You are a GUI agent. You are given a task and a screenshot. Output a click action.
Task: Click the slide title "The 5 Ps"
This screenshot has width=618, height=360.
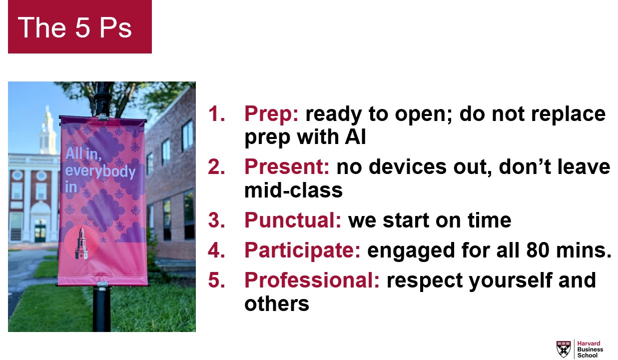click(75, 27)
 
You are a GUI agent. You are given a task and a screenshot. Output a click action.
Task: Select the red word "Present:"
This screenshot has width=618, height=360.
click(287, 166)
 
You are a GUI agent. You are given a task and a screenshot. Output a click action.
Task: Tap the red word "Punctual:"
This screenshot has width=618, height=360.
click(293, 220)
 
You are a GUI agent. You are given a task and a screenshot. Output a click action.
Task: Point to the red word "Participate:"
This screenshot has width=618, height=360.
click(302, 250)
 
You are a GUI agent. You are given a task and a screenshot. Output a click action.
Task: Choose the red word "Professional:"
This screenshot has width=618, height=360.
click(312, 280)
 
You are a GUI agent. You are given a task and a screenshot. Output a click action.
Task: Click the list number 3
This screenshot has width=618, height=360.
click(217, 220)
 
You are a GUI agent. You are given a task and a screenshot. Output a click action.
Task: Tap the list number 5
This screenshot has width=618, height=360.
click(217, 280)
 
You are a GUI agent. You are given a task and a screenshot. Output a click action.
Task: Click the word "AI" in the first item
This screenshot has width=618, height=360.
click(355, 137)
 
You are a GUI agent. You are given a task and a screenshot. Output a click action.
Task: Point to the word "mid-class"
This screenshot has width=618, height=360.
click(293, 190)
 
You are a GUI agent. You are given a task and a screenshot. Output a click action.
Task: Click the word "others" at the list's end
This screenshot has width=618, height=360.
click(277, 303)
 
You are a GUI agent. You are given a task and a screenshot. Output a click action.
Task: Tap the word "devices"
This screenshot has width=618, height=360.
click(408, 166)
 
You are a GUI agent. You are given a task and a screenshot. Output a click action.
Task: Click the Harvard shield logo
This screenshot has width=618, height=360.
click(564, 349)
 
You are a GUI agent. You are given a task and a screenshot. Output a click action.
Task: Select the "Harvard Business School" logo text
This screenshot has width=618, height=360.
click(590, 349)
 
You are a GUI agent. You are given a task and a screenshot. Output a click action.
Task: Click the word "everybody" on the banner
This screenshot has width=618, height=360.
click(100, 171)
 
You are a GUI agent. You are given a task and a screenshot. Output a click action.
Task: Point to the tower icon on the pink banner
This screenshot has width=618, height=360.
click(81, 242)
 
